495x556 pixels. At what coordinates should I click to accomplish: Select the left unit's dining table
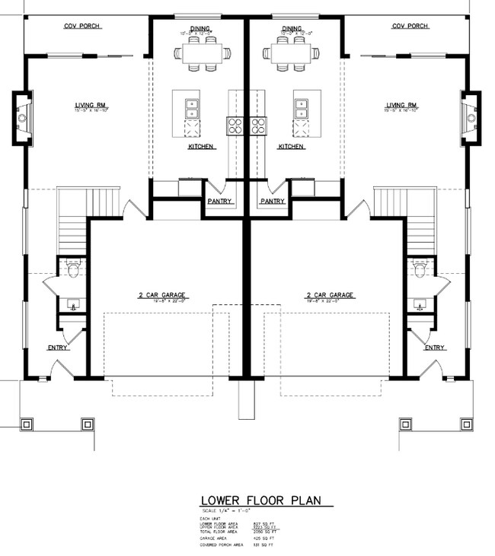(203, 53)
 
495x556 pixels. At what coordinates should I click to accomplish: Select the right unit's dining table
(290, 53)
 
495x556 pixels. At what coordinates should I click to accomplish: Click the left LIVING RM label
(91, 105)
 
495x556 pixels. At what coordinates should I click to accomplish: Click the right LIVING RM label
(402, 105)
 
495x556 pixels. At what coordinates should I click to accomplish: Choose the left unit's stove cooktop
(235, 125)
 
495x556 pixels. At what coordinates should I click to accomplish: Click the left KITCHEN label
(202, 146)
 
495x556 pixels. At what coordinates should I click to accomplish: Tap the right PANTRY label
(273, 202)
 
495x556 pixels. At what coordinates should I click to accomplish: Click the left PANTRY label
(219, 202)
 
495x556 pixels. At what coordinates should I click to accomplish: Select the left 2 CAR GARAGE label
(160, 294)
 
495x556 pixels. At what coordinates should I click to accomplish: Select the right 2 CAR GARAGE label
(331, 294)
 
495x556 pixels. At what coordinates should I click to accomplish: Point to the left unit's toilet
(74, 268)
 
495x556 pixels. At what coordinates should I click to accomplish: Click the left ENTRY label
(58, 348)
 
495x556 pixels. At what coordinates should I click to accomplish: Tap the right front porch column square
(406, 424)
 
